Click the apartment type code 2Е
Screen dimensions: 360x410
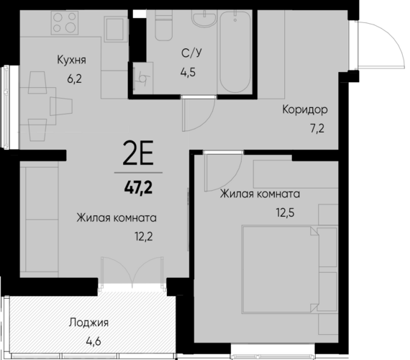(x=138, y=153)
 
